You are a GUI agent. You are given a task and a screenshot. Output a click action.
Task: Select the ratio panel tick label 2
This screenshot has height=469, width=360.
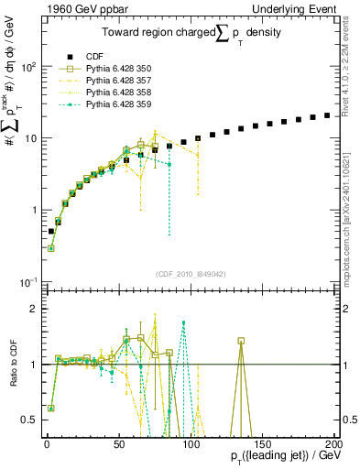35,309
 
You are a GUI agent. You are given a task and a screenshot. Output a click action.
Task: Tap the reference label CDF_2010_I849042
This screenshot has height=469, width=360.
193,272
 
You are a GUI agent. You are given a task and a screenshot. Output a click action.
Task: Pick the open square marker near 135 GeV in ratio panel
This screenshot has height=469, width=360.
241,341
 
